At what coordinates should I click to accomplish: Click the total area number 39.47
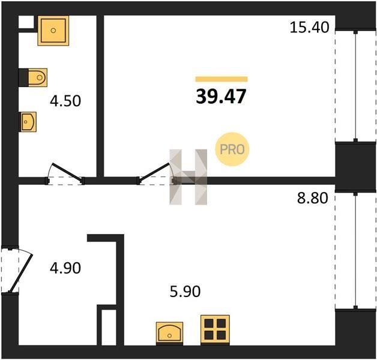click(221, 96)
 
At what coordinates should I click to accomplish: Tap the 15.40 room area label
click(309, 27)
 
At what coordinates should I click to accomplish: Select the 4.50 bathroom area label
click(65, 101)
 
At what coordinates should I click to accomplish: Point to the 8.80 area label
click(313, 198)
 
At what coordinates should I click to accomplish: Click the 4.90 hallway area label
click(65, 268)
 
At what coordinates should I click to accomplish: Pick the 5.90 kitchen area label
click(185, 292)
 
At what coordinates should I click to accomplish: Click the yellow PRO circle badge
click(232, 149)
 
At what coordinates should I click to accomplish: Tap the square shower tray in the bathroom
click(53, 31)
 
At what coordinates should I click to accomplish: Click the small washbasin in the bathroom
click(28, 122)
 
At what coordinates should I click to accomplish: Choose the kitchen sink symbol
click(169, 334)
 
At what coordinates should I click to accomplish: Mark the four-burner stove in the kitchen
click(215, 330)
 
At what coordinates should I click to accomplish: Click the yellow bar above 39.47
click(222, 79)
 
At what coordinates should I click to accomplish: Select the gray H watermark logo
click(188, 177)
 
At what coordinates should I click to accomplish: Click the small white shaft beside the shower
click(26, 22)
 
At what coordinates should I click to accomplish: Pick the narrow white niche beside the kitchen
click(109, 328)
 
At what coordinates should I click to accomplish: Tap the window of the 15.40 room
click(356, 86)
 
